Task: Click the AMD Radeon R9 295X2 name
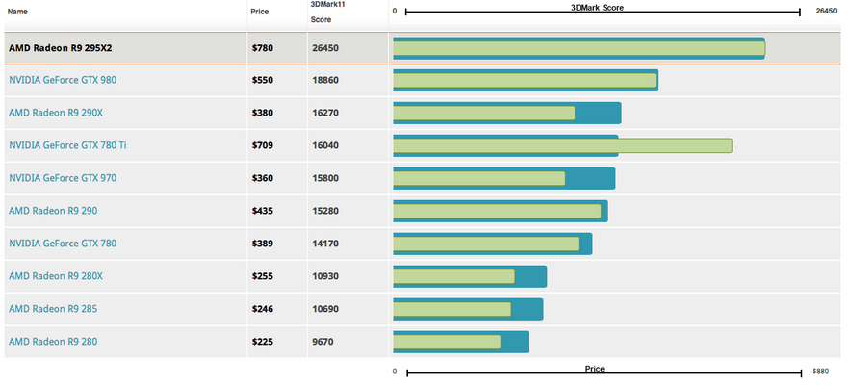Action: click(60, 47)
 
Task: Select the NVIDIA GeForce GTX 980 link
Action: click(62, 80)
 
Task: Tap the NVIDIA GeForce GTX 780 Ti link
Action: click(67, 145)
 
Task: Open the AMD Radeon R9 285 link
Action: click(52, 309)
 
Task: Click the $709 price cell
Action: click(262, 145)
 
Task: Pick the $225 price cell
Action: click(262, 342)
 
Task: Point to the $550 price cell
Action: click(262, 80)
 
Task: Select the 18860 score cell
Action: click(325, 80)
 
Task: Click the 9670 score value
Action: click(323, 342)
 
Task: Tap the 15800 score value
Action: click(325, 178)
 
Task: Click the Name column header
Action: click(18, 12)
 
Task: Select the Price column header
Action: click(260, 12)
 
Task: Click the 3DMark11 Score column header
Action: click(327, 12)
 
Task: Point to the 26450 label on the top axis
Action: click(826, 12)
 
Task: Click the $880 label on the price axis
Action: click(820, 371)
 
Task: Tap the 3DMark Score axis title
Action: click(603, 7)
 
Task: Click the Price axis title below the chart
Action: click(595, 369)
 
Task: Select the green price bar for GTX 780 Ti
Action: click(562, 145)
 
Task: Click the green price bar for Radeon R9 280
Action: click(447, 342)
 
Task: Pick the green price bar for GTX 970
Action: click(478, 178)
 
